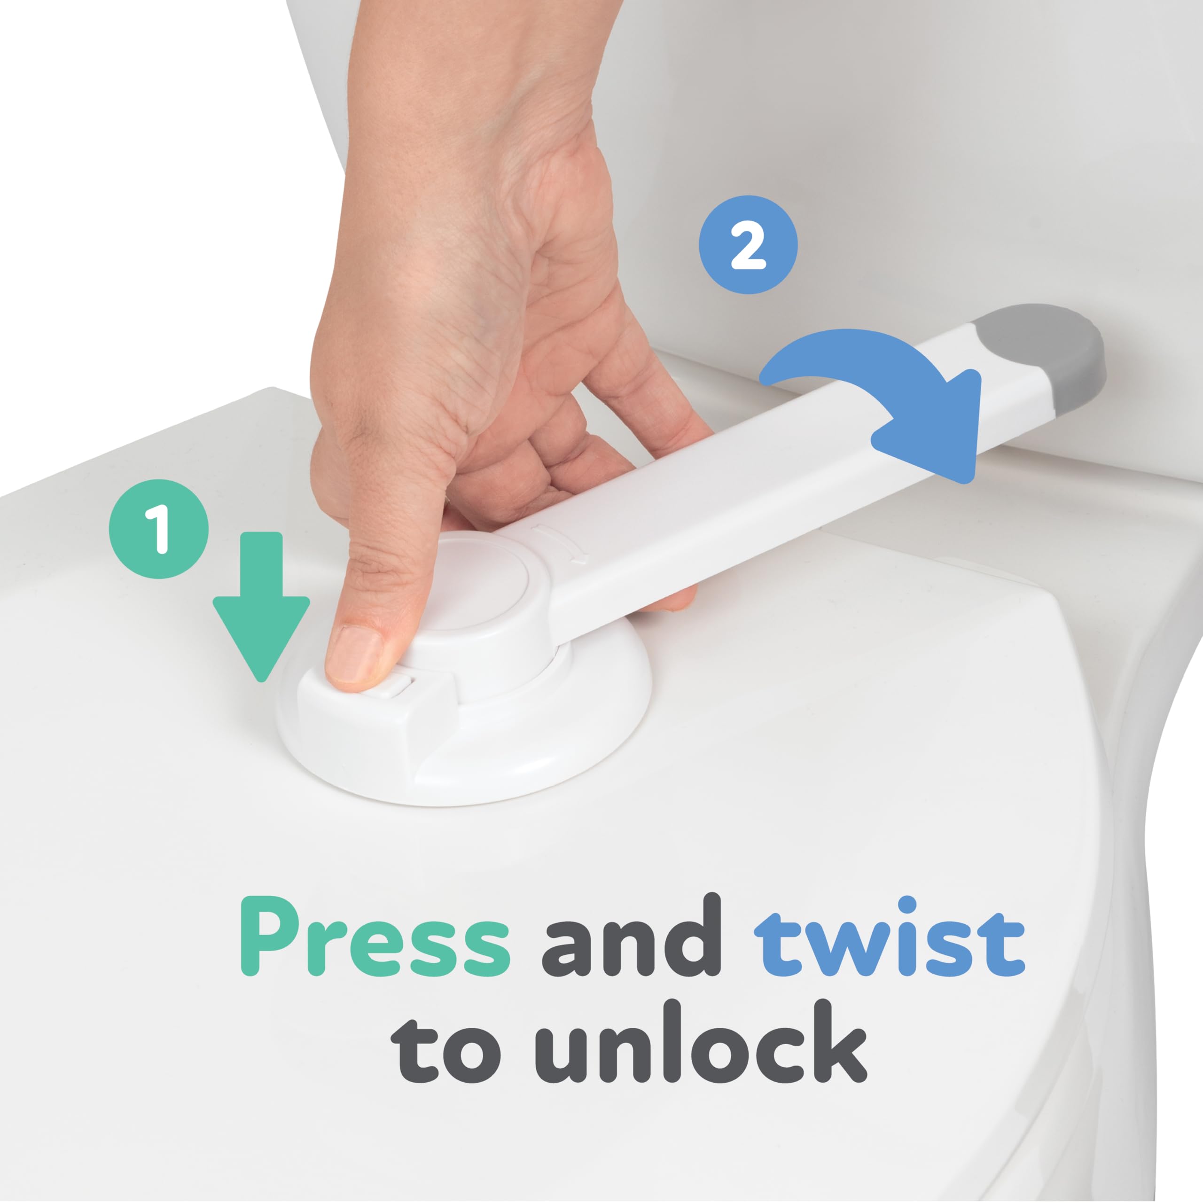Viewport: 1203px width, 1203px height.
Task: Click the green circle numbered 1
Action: (158, 529)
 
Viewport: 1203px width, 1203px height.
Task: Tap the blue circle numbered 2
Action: (748, 245)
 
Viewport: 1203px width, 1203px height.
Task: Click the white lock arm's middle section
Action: (778, 473)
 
